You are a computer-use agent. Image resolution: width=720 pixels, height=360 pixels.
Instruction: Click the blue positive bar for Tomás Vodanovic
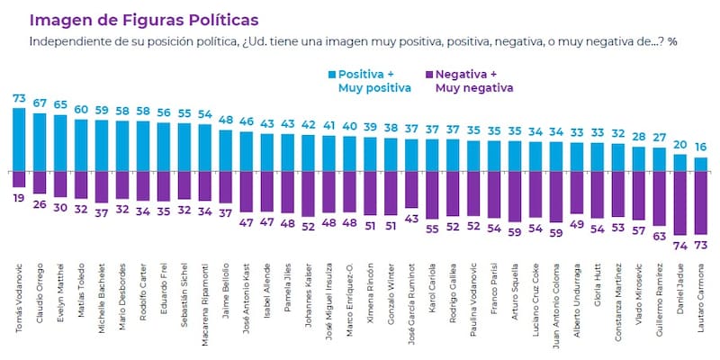coord(19,139)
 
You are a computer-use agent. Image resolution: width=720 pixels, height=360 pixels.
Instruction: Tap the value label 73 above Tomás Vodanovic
coord(19,97)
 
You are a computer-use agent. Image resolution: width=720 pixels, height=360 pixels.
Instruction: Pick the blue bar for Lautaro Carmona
coord(701,164)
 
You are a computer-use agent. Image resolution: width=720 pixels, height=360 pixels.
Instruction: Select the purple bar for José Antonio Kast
coord(247,190)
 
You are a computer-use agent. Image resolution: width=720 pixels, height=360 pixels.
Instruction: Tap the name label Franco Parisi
coord(494,310)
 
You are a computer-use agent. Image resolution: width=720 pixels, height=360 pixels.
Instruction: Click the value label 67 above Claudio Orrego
coord(40,103)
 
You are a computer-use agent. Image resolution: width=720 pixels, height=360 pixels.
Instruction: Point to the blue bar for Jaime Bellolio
coord(226,150)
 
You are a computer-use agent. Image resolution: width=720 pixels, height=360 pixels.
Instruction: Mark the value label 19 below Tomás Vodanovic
coord(19,197)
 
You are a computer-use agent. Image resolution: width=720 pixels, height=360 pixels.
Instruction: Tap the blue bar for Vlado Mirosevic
coord(639,158)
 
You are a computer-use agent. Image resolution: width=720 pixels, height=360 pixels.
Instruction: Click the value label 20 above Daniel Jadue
coord(679,144)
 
